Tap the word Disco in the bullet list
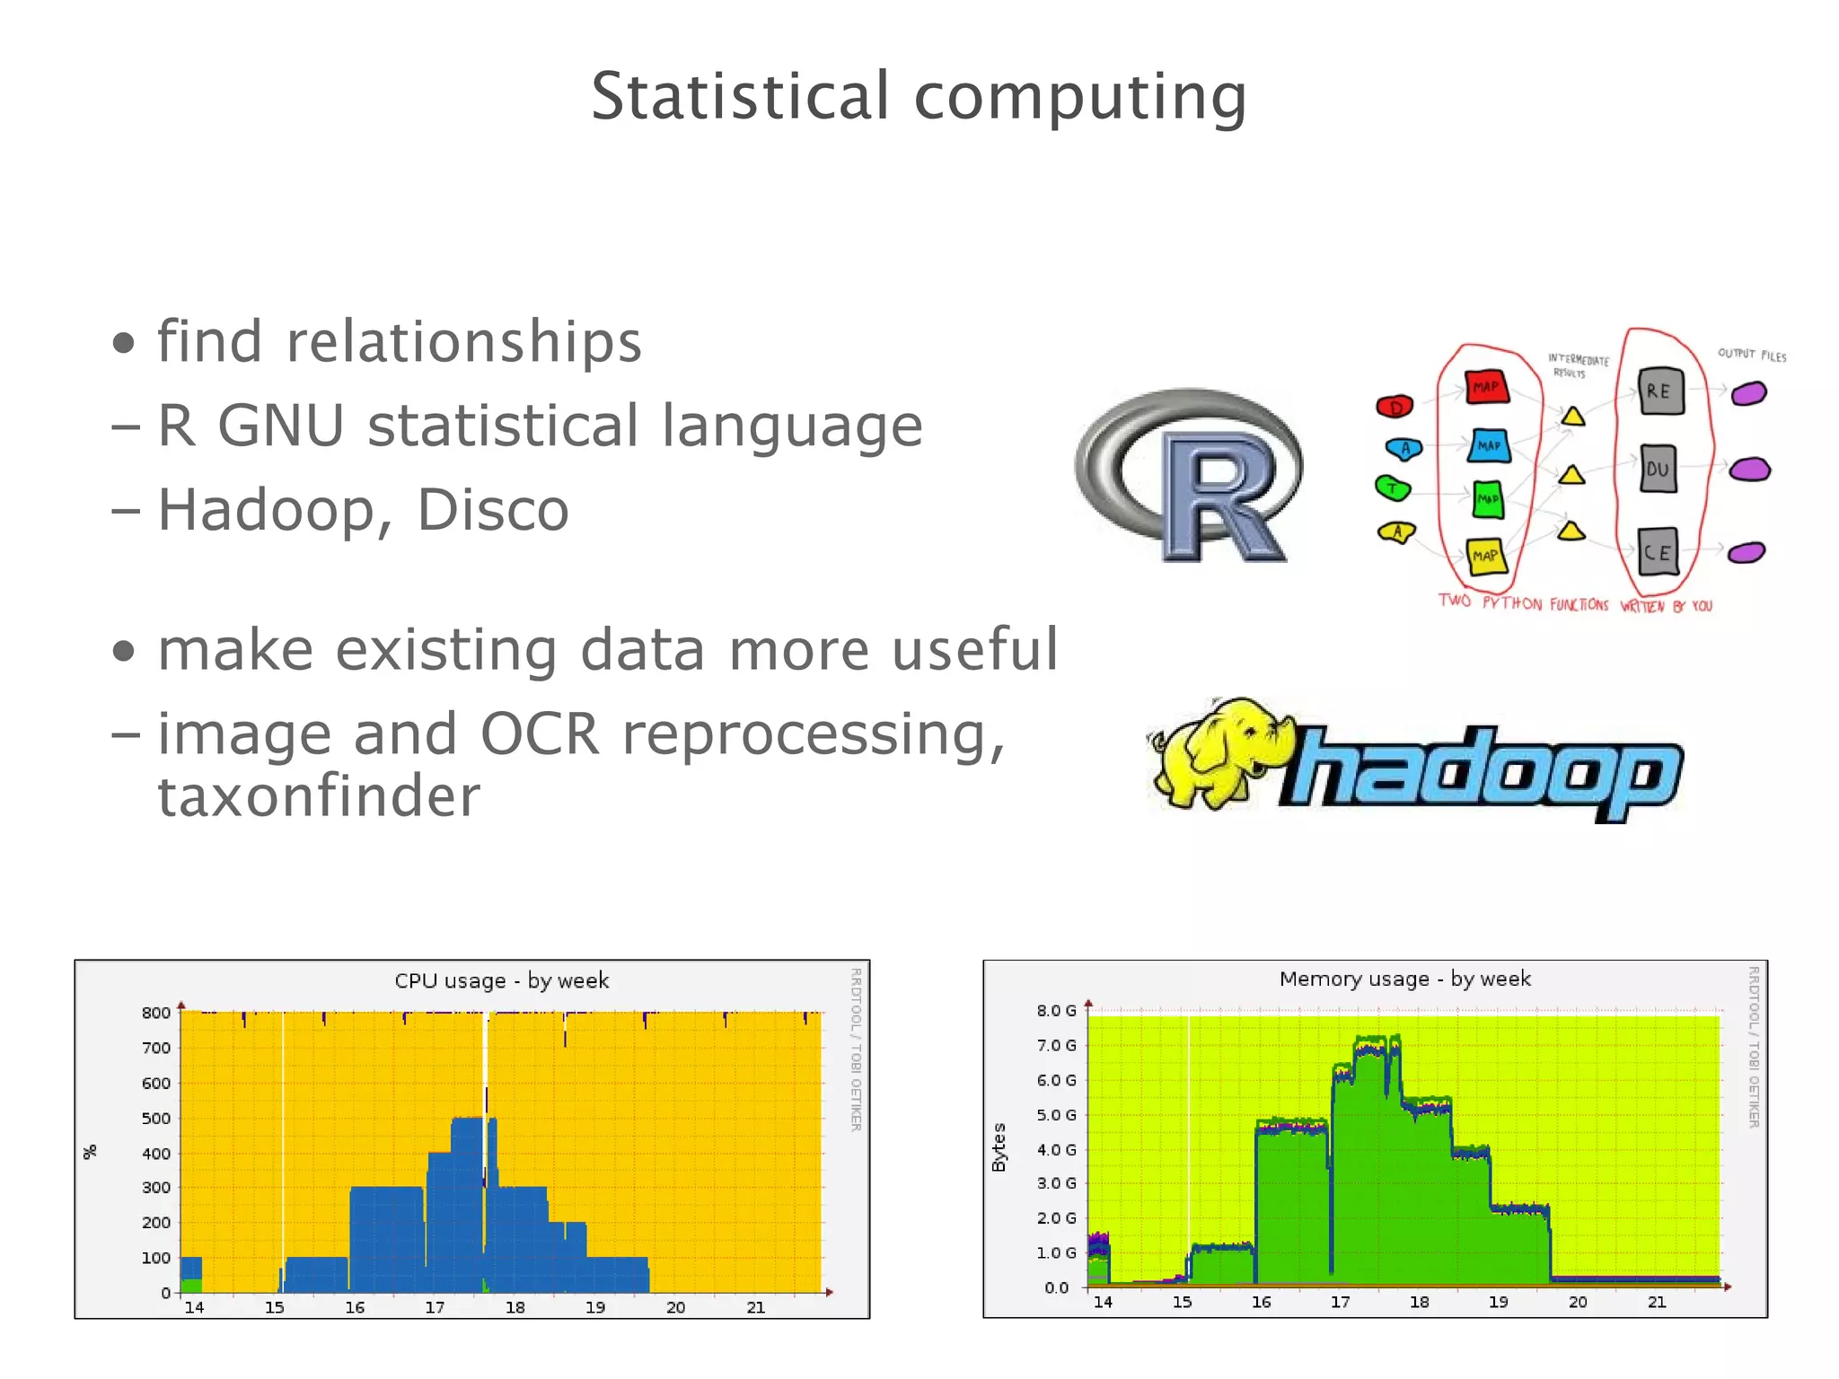[492, 510]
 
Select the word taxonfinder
[319, 796]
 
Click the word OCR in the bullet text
[540, 733]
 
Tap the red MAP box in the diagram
[1486, 387]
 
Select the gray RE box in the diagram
[1659, 391]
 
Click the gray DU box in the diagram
[1658, 469]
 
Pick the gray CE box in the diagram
[1658, 551]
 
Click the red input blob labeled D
[1395, 407]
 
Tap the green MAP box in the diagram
[1488, 498]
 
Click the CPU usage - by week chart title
[501, 980]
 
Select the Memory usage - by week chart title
[1404, 979]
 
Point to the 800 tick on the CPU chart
[156, 1013]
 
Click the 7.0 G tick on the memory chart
[1056, 1045]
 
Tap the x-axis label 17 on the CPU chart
[435, 1307]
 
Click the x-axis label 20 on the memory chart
[1578, 1302]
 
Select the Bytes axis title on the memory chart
[999, 1147]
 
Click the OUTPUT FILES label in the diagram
[1752, 355]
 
